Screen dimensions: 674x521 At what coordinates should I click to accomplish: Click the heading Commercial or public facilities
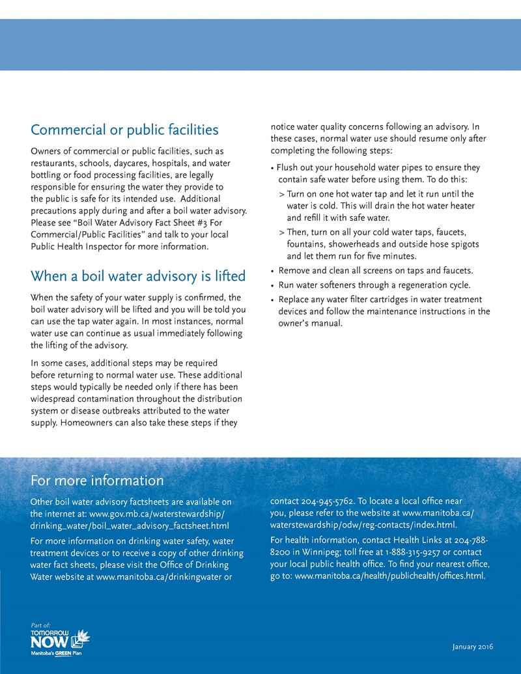[124, 130]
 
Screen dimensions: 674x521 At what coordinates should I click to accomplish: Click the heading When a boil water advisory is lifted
[138, 276]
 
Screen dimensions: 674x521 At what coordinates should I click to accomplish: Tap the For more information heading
[97, 481]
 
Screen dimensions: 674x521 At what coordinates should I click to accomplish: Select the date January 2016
[472, 647]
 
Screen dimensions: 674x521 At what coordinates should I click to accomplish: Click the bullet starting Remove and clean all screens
[376, 270]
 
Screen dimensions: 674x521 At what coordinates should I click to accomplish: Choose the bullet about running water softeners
[374, 285]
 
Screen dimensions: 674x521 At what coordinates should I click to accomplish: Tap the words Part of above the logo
[40, 625]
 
